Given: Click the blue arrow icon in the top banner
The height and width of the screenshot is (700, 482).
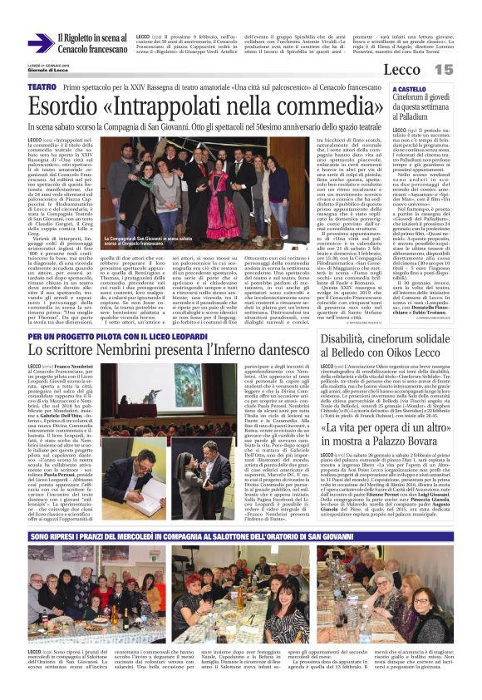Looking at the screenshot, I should point(39,42).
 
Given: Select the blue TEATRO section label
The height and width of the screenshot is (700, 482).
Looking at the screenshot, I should point(42,86).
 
